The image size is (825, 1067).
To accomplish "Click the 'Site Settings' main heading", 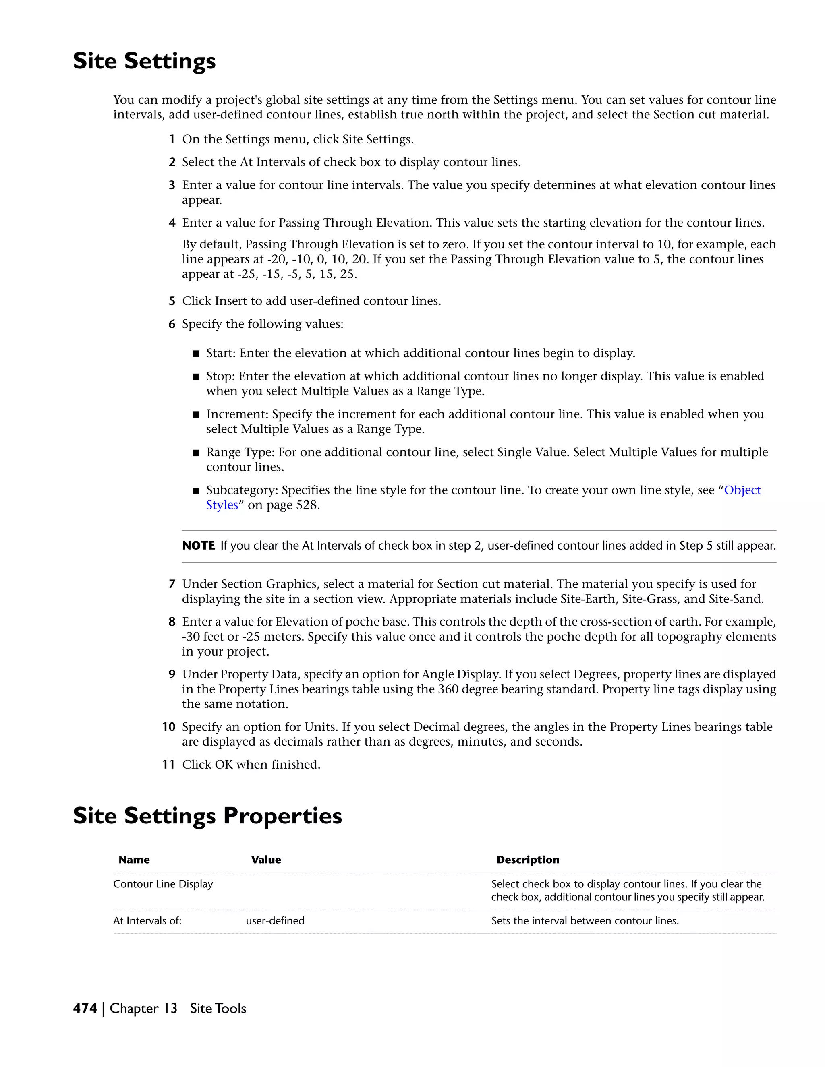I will click(144, 61).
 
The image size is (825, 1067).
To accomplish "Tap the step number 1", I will click(172, 140).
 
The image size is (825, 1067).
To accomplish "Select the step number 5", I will click(172, 302).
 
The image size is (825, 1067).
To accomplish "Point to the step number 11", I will click(169, 765).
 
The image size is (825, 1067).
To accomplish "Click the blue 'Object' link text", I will click(742, 490).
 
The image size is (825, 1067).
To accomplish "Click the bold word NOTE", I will click(199, 546).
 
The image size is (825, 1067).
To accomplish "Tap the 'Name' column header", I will click(134, 860).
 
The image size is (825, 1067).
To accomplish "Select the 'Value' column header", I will click(266, 860).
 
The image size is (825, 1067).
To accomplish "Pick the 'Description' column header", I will click(527, 860).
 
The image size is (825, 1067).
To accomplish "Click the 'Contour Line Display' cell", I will click(163, 884).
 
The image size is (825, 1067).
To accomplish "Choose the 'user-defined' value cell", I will click(275, 921).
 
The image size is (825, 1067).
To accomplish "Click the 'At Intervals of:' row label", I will click(147, 921).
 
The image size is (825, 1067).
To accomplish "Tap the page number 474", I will click(85, 1008).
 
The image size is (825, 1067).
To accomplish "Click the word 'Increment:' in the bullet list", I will click(237, 414).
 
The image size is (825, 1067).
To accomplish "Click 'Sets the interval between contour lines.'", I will click(585, 921).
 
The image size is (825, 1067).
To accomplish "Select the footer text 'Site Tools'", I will click(218, 1008).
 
